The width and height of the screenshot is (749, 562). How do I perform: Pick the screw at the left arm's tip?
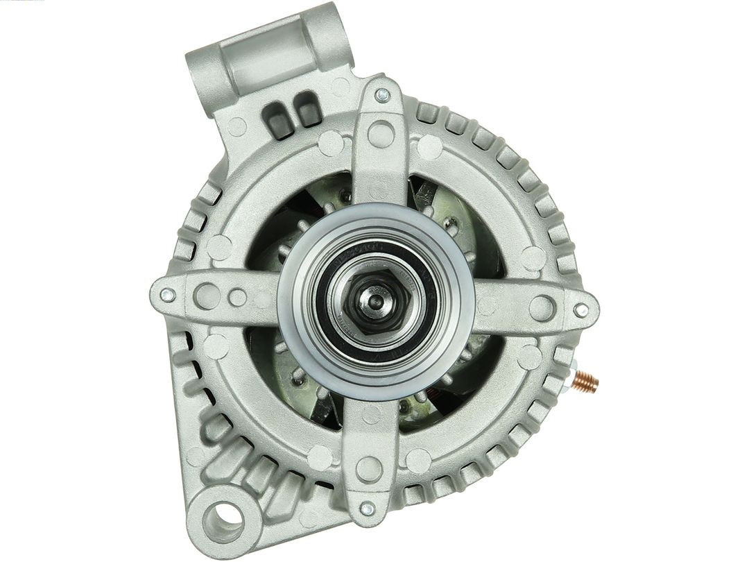click(166, 295)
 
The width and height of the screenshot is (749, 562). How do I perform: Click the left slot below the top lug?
click(278, 119)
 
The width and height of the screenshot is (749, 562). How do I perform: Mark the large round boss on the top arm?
click(381, 133)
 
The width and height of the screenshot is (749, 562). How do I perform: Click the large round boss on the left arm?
click(207, 296)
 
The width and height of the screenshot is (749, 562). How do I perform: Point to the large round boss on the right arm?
click(542, 307)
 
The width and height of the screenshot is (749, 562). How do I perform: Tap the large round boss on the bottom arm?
click(368, 468)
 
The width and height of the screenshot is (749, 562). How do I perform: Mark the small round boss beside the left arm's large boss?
click(238, 298)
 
